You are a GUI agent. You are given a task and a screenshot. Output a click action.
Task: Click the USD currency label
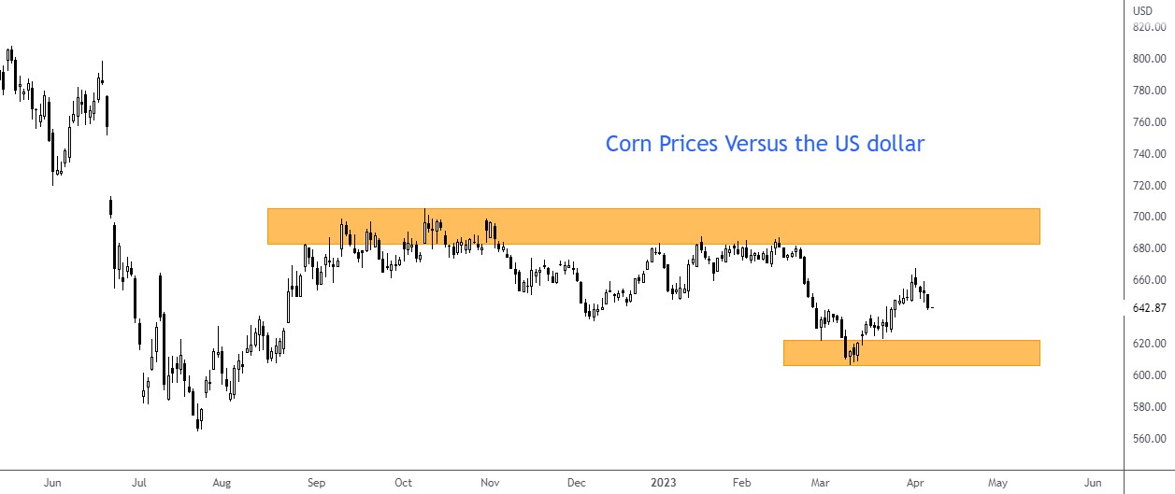click(x=1142, y=11)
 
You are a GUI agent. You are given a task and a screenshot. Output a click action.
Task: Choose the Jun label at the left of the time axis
click(x=52, y=483)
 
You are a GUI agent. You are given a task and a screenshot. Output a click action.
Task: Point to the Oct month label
click(x=403, y=483)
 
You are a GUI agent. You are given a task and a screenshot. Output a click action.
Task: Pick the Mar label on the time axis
click(x=820, y=483)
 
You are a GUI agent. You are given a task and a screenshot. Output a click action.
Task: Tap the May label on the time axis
click(x=997, y=483)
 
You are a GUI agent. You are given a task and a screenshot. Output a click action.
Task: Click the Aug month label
click(x=222, y=483)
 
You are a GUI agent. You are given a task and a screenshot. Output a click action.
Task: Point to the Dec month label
click(x=576, y=483)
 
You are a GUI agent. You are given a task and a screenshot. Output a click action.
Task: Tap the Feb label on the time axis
click(x=742, y=483)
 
